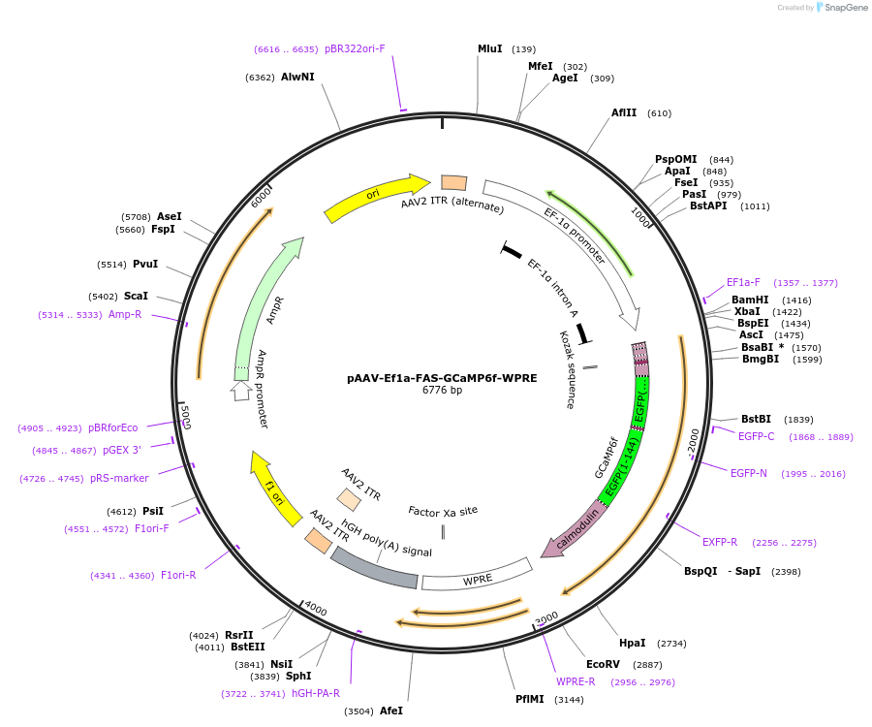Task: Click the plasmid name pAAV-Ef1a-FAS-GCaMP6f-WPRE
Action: coord(442,378)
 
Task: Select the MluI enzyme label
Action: coord(490,48)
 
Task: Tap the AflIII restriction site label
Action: coord(624,112)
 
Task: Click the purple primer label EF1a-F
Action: coord(743,282)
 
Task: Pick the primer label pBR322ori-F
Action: coord(355,48)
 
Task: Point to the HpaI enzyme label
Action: coord(632,643)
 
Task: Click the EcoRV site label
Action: coord(602,664)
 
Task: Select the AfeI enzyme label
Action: coord(391,711)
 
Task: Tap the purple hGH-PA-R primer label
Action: coord(316,693)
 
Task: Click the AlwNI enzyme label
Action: coord(297,77)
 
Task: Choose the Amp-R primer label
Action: coord(125,314)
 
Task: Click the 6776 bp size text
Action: coord(442,391)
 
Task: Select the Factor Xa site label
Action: coord(443,510)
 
